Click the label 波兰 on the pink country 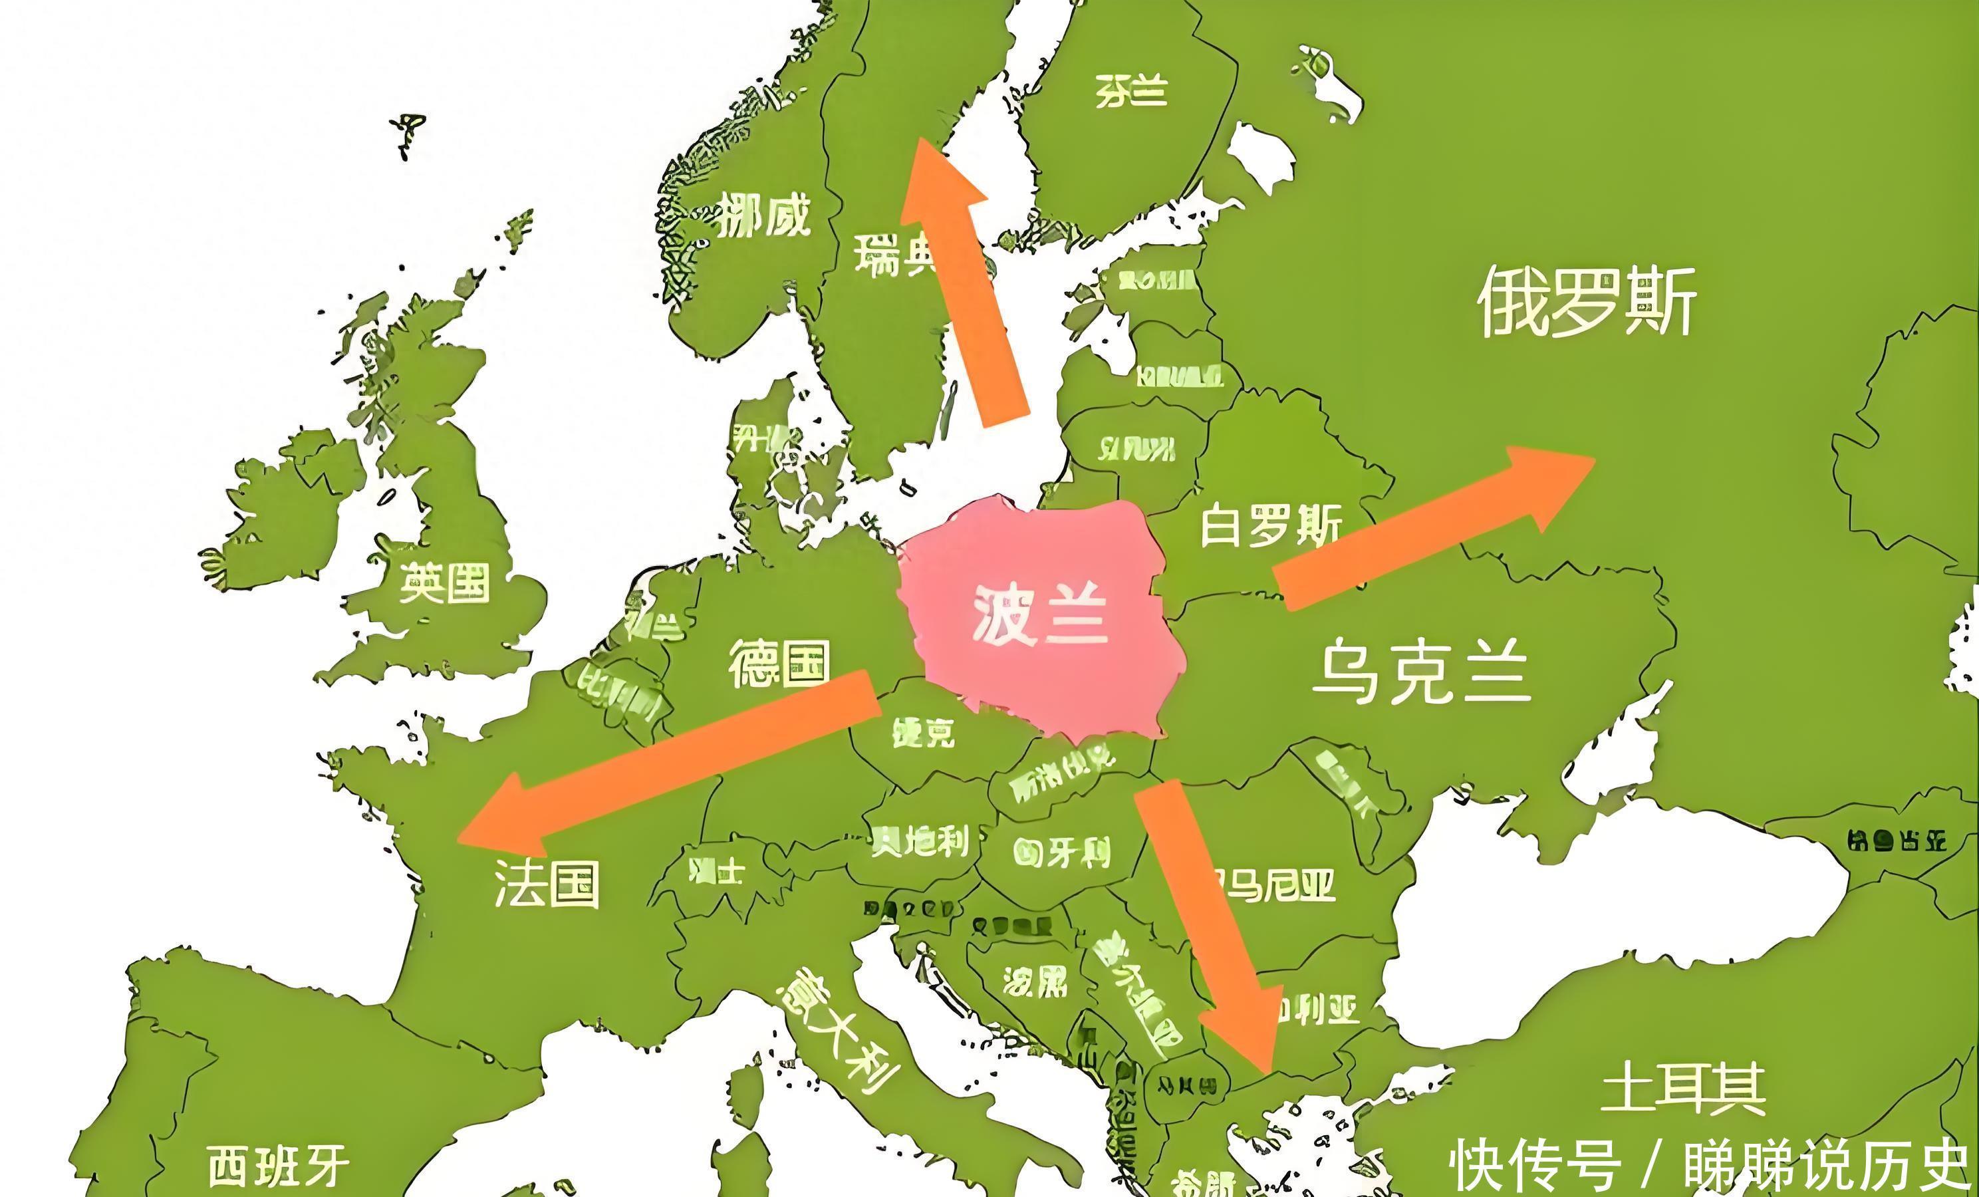click(x=1040, y=615)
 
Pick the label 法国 click(x=546, y=884)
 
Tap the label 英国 click(x=444, y=583)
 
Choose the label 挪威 click(x=761, y=215)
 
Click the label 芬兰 click(x=1131, y=91)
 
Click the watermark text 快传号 click(x=1534, y=1165)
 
